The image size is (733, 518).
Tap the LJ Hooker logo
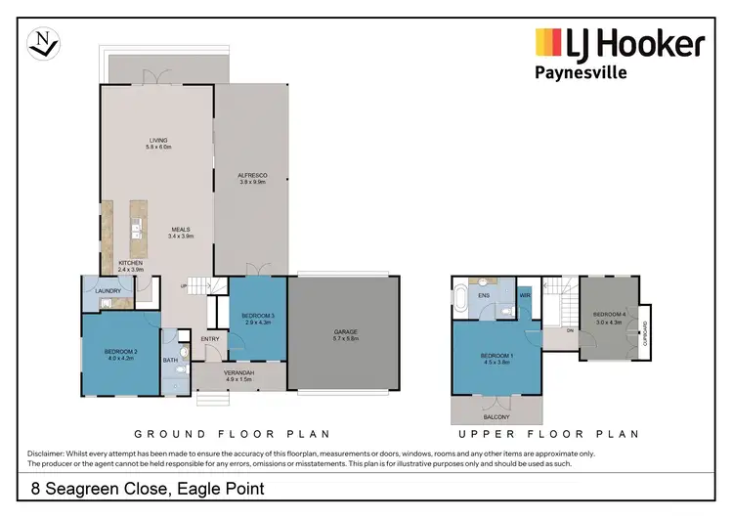pyautogui.click(x=620, y=44)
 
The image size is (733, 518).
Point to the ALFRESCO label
pyautogui.click(x=253, y=177)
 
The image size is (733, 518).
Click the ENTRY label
pyautogui.click(x=210, y=339)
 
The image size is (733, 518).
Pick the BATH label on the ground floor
pyautogui.click(x=170, y=361)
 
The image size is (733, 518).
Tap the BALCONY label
pyautogui.click(x=495, y=415)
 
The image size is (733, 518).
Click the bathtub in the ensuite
pyautogui.click(x=458, y=299)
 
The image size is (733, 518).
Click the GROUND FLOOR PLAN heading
pyautogui.click(x=231, y=433)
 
